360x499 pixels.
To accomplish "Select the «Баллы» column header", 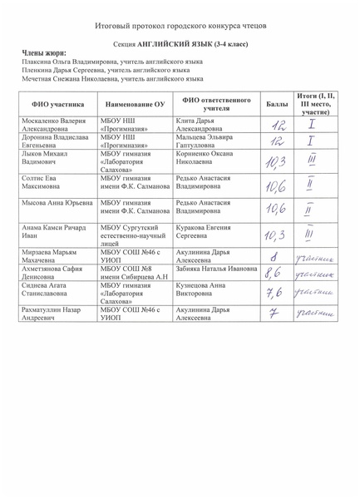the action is pos(277,105).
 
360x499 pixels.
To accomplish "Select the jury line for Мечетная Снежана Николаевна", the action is pos(112,79).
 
